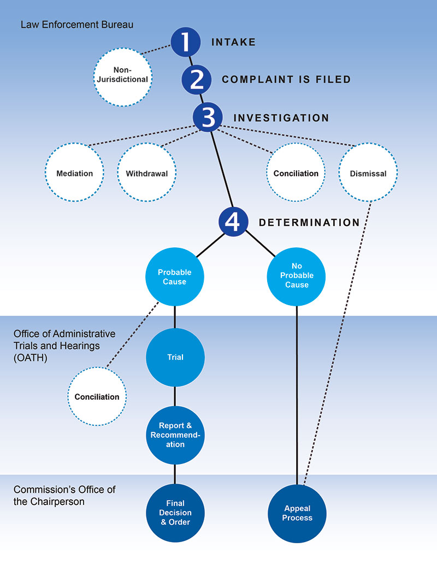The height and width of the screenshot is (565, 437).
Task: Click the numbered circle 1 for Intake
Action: click(x=186, y=42)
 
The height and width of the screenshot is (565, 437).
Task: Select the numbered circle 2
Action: click(x=197, y=80)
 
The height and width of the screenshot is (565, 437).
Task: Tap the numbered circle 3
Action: click(x=208, y=117)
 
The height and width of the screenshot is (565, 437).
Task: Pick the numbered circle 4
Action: click(x=234, y=222)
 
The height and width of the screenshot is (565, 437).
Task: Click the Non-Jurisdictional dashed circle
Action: click(x=123, y=74)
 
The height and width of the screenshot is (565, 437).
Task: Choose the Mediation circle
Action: click(x=74, y=174)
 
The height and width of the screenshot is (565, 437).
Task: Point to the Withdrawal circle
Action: click(x=146, y=174)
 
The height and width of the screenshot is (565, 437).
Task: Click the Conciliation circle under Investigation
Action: click(x=296, y=174)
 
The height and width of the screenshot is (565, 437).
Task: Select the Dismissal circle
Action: click(x=368, y=174)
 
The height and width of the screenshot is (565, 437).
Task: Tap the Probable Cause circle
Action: click(x=174, y=277)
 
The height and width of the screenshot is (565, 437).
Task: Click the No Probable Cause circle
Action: click(x=297, y=277)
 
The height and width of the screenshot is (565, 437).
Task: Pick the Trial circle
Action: click(x=175, y=357)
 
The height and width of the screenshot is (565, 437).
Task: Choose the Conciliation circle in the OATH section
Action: click(x=97, y=397)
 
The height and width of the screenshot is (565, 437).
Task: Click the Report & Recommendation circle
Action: click(x=175, y=435)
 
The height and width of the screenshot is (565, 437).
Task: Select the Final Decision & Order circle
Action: click(x=175, y=512)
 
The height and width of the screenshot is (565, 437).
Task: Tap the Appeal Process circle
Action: click(x=297, y=513)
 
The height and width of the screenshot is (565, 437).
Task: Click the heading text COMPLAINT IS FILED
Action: click(x=286, y=80)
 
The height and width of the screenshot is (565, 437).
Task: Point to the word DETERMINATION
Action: click(x=309, y=223)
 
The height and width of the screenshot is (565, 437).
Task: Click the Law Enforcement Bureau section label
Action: click(x=77, y=25)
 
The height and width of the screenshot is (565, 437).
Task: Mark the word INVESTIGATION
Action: click(x=281, y=118)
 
